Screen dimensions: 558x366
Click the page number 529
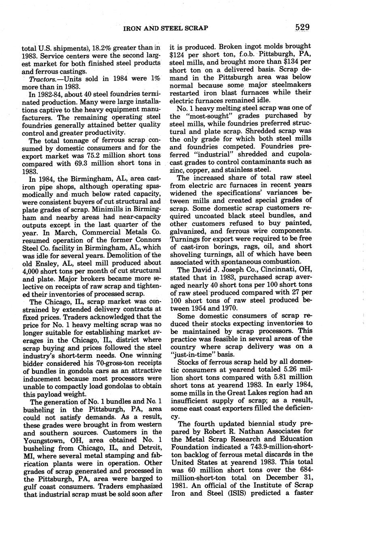(302, 28)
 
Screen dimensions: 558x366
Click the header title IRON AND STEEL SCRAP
(166, 28)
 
